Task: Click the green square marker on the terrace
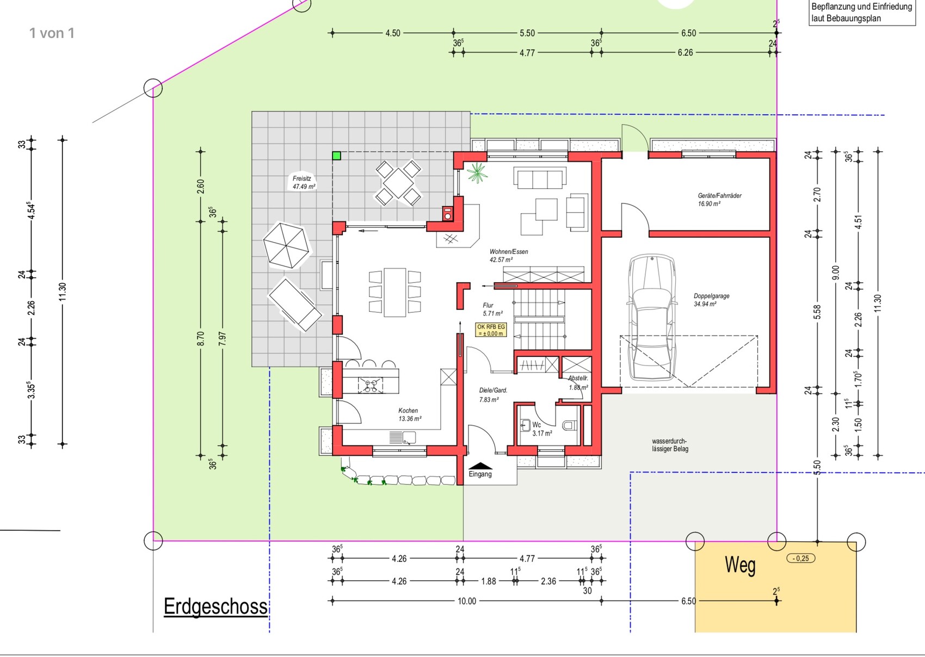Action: click(x=337, y=156)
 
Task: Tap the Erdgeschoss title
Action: click(x=215, y=606)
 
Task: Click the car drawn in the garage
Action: click(x=652, y=317)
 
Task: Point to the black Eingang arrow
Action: click(x=480, y=466)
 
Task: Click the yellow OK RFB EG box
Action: click(x=491, y=330)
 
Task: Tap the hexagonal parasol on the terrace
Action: click(x=286, y=245)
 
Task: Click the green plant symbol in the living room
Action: click(x=477, y=172)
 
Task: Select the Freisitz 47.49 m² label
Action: click(x=304, y=182)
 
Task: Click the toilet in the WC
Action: click(x=569, y=425)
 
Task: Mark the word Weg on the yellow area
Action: click(x=740, y=565)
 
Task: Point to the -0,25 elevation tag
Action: click(x=801, y=559)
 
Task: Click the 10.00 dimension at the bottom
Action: click(x=467, y=601)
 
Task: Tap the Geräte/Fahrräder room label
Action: click(x=719, y=199)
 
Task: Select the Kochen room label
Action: click(x=409, y=414)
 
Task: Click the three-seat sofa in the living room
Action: click(x=540, y=177)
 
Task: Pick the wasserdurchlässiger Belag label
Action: click(x=670, y=445)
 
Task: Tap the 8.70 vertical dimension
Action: click(x=201, y=338)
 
